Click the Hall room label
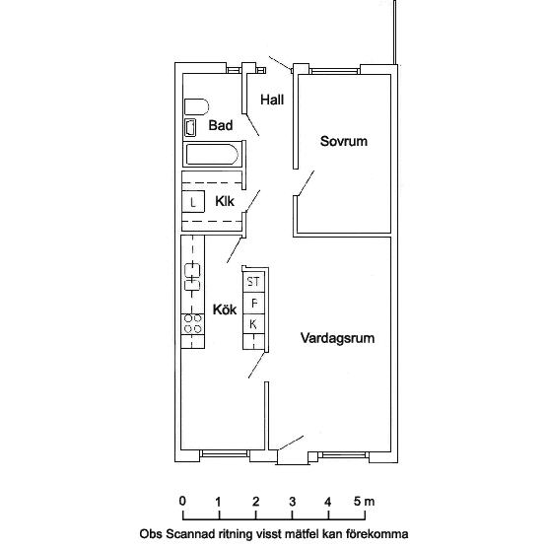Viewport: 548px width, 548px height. [x=272, y=100]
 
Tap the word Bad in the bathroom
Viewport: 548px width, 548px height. [x=221, y=125]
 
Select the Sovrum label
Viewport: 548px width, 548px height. [x=344, y=141]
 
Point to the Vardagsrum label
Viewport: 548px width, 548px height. [x=337, y=338]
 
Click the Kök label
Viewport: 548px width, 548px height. [x=225, y=309]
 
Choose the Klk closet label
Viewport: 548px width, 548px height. [x=225, y=201]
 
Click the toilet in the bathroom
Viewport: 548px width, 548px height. [x=196, y=107]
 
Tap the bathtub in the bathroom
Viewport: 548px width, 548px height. [x=212, y=154]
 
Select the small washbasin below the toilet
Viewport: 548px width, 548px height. [x=190, y=127]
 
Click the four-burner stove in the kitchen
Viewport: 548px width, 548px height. [x=192, y=323]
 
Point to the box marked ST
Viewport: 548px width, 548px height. [x=253, y=281]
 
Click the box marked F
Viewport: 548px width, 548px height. [x=253, y=303]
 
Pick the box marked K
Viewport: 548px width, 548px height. [x=253, y=324]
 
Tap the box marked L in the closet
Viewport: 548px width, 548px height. [x=193, y=202]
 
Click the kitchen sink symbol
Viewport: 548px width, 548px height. [x=192, y=277]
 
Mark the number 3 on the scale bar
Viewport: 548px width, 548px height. [x=292, y=502]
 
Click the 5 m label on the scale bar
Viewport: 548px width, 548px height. [x=364, y=502]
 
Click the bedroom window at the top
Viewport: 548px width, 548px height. [x=335, y=71]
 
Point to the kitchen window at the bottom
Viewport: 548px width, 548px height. [x=225, y=453]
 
